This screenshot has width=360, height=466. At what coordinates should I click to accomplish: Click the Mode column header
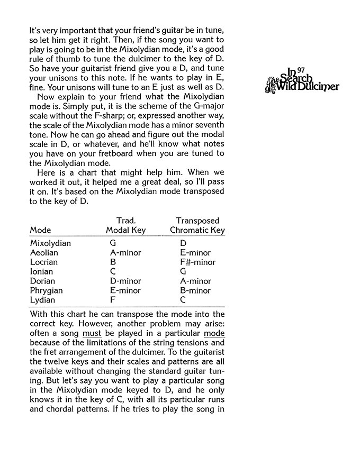pyautogui.click(x=40, y=230)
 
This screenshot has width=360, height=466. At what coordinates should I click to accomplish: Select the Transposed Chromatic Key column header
pyautogui.click(x=197, y=225)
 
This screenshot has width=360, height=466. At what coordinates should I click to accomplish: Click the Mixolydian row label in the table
pyautogui.click(x=50, y=243)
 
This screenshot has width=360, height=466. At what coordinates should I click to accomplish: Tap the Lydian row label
pyautogui.click(x=42, y=300)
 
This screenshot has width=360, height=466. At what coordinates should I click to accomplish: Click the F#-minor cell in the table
pyautogui.click(x=197, y=262)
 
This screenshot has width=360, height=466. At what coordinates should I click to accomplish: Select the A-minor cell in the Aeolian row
pyautogui.click(x=125, y=253)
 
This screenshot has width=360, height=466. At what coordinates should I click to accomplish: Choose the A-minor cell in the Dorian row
pyautogui.click(x=195, y=281)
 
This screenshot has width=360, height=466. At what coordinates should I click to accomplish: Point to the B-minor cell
pyautogui.click(x=195, y=291)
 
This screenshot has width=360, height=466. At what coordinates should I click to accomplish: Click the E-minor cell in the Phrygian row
pyautogui.click(x=125, y=291)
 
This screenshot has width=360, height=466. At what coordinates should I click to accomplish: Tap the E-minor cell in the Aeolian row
pyautogui.click(x=195, y=253)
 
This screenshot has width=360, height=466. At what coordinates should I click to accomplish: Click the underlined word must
pyautogui.click(x=92, y=334)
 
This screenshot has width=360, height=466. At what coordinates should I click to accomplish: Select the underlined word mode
pyautogui.click(x=214, y=334)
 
